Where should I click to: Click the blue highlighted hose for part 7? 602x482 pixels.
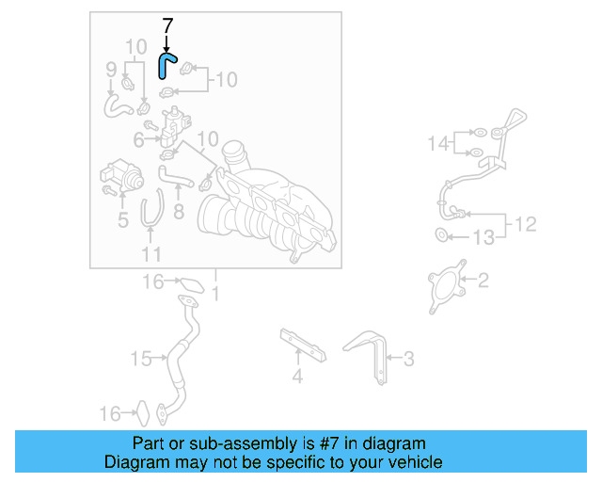coord(166,66)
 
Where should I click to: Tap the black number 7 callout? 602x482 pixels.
coord(167,27)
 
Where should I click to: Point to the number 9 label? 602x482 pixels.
coord(111,69)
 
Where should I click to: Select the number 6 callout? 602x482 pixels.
coord(139,140)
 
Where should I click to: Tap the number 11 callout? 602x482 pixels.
coord(151,254)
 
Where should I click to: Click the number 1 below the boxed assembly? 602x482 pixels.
coord(214,296)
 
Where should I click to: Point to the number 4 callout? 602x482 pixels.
coord(297,378)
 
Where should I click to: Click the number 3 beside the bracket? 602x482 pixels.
coord(407,359)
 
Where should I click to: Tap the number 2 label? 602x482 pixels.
coord(483,281)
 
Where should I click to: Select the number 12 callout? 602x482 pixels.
coord(526,225)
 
